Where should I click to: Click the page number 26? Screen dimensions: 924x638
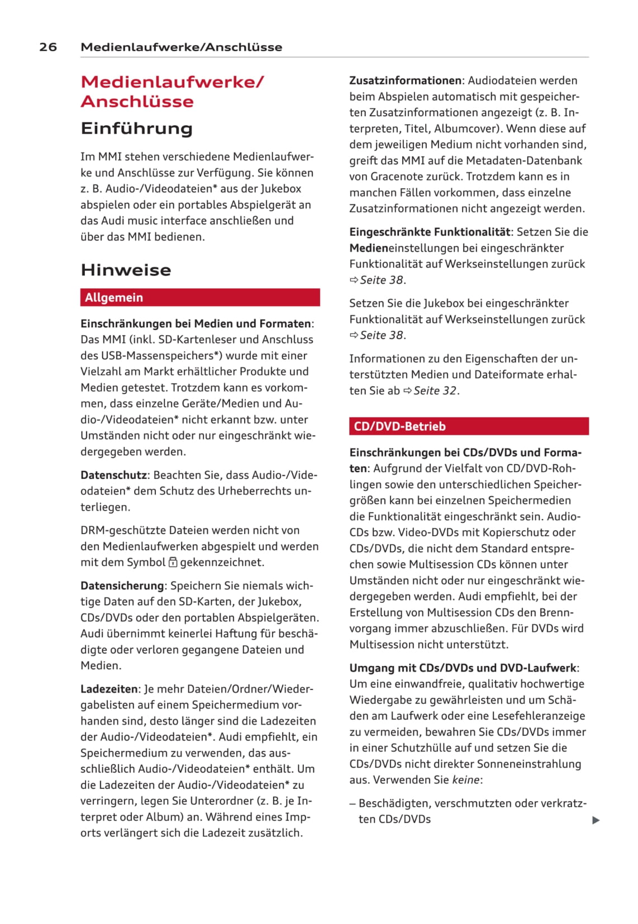(48, 47)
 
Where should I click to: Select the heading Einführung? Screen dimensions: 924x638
(136, 128)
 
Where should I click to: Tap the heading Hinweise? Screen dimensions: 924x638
(126, 270)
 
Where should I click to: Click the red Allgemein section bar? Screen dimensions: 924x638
(200, 297)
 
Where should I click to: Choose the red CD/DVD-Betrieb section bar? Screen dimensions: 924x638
(469, 426)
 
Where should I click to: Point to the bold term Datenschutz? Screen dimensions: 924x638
(113, 475)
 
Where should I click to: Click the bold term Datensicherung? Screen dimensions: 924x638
(122, 585)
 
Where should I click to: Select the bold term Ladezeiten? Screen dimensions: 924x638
(109, 689)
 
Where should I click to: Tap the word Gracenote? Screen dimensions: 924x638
(401, 177)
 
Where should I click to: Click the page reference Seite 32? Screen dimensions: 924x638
(435, 390)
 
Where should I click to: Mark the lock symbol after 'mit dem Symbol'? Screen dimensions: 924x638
(173, 563)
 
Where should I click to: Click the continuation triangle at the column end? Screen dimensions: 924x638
(596, 820)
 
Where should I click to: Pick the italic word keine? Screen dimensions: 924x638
(466, 780)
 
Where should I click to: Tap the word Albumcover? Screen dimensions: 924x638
(467, 128)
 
